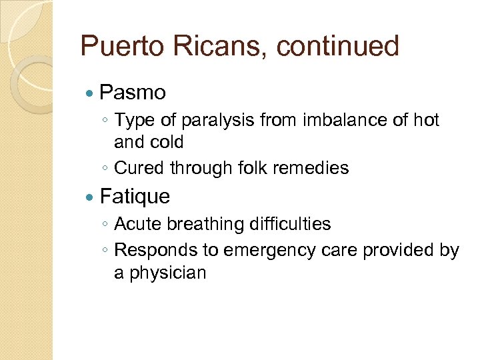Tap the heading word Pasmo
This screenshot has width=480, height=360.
133,92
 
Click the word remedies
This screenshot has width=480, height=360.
316,168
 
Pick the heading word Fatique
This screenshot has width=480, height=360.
135,197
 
